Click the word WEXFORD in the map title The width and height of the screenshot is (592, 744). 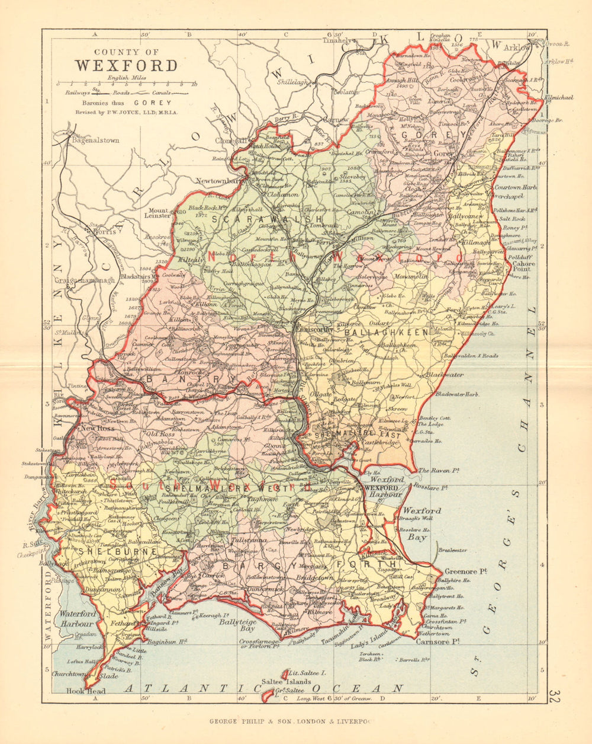(126, 65)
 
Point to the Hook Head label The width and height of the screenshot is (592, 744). (87, 691)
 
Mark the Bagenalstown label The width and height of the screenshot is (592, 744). (95, 141)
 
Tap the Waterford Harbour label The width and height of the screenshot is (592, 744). (76, 619)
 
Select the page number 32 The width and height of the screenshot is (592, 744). (555, 697)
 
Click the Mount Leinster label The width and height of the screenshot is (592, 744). (159, 214)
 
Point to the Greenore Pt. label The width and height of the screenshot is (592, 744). (465, 571)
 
